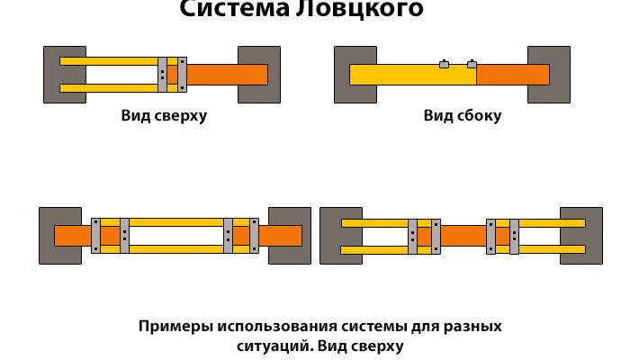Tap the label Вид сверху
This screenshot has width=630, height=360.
click(164, 116)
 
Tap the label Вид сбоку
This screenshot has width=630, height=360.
click(463, 116)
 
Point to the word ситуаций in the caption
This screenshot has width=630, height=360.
click(267, 345)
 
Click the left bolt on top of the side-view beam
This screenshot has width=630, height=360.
click(444, 64)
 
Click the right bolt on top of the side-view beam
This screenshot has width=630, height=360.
click(472, 64)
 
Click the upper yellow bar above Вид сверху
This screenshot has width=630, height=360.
click(108, 61)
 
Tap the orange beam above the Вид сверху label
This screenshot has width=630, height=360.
click(225, 75)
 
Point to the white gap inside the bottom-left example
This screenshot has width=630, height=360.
click(175, 236)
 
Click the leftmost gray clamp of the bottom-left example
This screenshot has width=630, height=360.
click(96, 236)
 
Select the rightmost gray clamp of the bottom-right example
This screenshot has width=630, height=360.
click(514, 236)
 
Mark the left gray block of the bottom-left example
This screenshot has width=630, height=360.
click(47, 236)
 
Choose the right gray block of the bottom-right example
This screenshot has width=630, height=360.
click(581, 236)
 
